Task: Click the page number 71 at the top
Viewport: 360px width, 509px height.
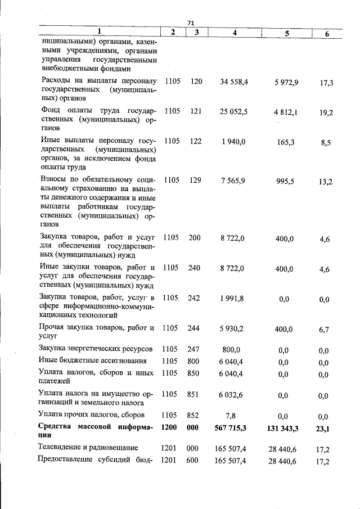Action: click(190, 22)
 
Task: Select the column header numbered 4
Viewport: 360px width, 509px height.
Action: click(235, 33)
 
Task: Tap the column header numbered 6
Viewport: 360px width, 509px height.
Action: click(327, 34)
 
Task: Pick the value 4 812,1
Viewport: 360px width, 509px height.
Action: click(286, 112)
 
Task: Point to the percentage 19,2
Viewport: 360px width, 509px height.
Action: click(326, 112)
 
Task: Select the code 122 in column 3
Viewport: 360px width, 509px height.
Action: click(195, 142)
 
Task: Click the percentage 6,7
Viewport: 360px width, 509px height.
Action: click(324, 330)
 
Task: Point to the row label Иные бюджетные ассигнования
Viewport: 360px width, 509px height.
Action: click(93, 361)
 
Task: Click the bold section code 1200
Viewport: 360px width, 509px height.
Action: click(169, 427)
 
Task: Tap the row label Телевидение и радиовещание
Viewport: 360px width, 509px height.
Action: click(88, 448)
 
